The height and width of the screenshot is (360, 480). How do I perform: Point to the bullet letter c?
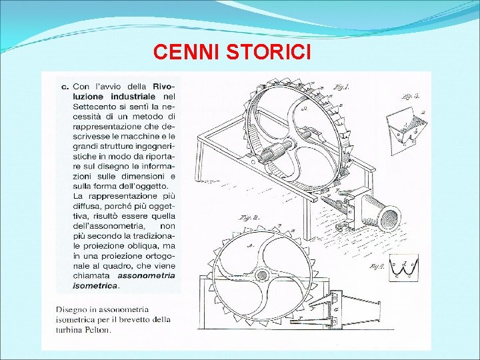(65, 86)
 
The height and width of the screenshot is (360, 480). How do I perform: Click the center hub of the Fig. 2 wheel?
(262, 275)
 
